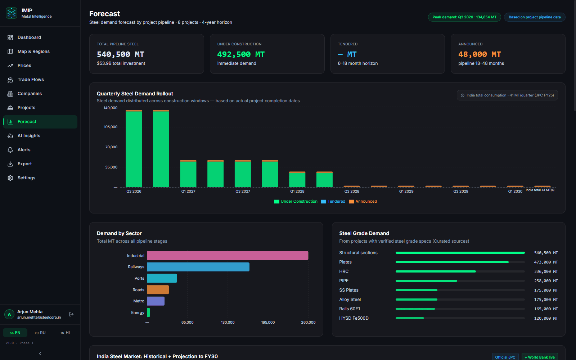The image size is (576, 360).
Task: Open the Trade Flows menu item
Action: tap(31, 80)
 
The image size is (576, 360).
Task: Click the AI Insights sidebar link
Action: tap(29, 135)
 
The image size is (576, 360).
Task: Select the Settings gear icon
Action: tap(10, 178)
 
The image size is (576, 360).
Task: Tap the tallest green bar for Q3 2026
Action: tap(134, 149)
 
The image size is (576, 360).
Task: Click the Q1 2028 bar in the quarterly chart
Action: tap(297, 180)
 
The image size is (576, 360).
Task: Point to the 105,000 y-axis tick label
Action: tap(111, 127)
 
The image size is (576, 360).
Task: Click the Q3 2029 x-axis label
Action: tap(460, 191)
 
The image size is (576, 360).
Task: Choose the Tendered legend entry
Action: tap(333, 201)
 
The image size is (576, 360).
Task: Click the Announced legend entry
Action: tap(363, 201)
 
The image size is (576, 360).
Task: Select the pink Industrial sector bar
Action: tap(228, 256)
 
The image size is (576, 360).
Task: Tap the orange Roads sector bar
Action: tap(158, 289)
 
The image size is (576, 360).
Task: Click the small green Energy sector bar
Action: tap(149, 312)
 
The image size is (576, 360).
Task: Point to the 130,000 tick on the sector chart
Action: tap(228, 322)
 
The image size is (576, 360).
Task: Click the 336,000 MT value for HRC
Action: tap(546, 271)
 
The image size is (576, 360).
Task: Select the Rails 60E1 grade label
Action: tap(350, 309)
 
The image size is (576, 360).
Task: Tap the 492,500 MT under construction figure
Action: tap(241, 54)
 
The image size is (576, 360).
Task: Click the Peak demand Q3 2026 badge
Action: tap(464, 17)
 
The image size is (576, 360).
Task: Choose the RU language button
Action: tap(40, 333)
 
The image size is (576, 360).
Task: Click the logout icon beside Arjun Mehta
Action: tap(71, 314)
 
